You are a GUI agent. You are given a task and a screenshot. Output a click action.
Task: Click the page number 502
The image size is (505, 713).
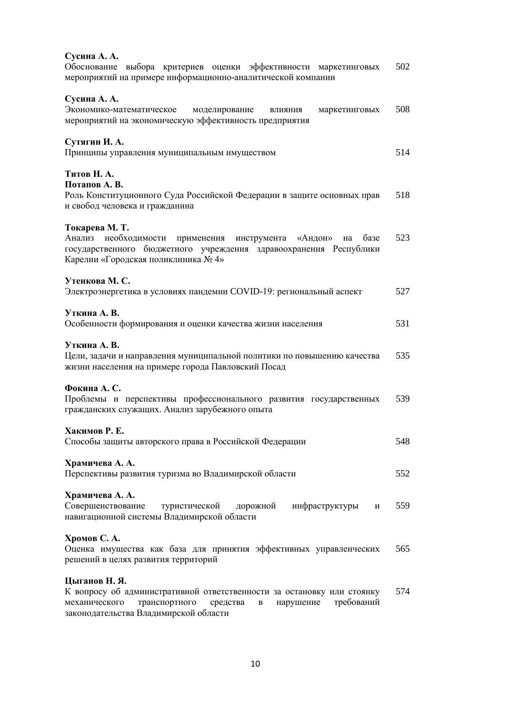click(x=402, y=67)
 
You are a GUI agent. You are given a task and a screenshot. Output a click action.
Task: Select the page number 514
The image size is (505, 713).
click(x=402, y=152)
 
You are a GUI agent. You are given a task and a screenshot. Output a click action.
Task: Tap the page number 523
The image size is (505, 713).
click(x=402, y=238)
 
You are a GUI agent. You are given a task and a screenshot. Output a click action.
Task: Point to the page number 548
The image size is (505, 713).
click(x=402, y=441)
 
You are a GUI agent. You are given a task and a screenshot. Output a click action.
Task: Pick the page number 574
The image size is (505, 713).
click(x=402, y=591)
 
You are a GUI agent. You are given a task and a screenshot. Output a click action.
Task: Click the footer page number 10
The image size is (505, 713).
click(x=255, y=664)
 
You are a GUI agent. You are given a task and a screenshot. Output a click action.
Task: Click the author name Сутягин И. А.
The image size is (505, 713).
click(x=94, y=142)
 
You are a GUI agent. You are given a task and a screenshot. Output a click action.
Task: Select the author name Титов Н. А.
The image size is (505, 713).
click(x=89, y=174)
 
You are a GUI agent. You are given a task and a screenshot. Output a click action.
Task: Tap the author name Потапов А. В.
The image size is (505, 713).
click(x=94, y=185)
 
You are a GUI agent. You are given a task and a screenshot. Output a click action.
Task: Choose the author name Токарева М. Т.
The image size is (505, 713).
click(x=97, y=227)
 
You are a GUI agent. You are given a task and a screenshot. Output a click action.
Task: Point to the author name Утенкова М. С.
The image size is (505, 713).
click(x=98, y=281)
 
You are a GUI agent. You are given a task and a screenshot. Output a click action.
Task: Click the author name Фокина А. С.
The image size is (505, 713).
click(x=93, y=388)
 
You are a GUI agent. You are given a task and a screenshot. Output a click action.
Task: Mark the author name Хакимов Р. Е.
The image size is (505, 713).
click(x=94, y=431)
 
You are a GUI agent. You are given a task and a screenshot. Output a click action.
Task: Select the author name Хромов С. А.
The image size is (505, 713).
click(x=92, y=538)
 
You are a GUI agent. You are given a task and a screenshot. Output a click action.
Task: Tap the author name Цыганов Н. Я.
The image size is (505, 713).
click(x=96, y=580)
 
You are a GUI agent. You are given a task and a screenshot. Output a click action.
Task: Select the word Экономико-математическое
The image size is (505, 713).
click(x=120, y=110)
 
